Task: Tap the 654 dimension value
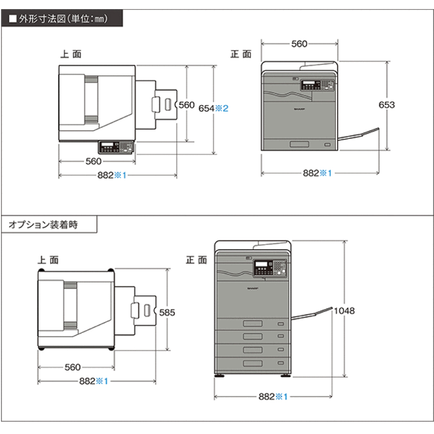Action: pyautogui.click(x=206, y=108)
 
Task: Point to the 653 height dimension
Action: pyautogui.click(x=387, y=105)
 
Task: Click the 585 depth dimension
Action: pyautogui.click(x=167, y=312)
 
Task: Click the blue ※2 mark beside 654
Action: pyautogui.click(x=222, y=108)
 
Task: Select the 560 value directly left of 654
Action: pyautogui.click(x=186, y=105)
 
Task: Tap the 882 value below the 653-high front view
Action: pyautogui.click(x=311, y=173)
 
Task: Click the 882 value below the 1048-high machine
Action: pyautogui.click(x=266, y=396)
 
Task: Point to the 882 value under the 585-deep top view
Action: pyautogui.click(x=87, y=381)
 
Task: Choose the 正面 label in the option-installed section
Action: pyautogui.click(x=197, y=260)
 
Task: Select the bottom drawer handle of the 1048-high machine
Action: pyautogui.click(x=253, y=363)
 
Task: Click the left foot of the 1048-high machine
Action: pyautogui.click(x=220, y=375)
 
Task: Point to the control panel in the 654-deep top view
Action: pyautogui.click(x=116, y=148)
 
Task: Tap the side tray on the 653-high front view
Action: pyautogui.click(x=358, y=135)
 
